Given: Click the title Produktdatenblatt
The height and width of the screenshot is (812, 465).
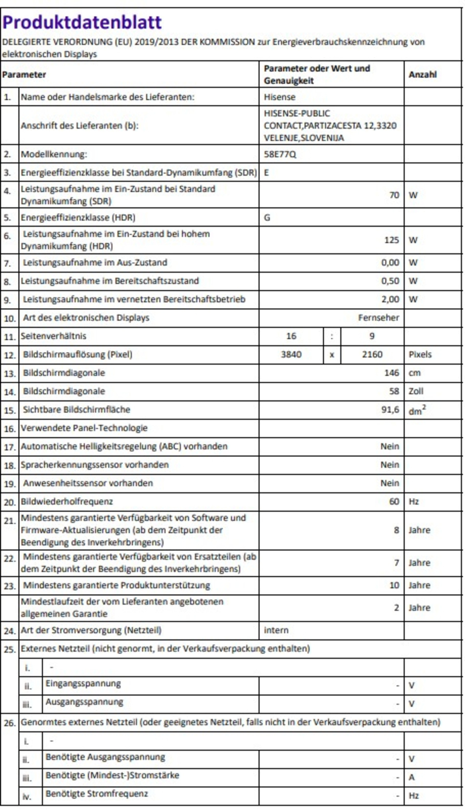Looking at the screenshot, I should click(82, 23).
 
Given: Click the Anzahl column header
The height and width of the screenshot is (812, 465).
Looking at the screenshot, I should click(422, 75).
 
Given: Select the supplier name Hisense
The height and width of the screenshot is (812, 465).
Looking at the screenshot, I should click(279, 97).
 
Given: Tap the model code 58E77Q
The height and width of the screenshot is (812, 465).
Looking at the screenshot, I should click(280, 154).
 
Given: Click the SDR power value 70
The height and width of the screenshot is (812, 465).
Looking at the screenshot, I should click(394, 195).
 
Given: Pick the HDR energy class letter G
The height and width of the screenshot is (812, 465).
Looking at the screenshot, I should click(267, 218).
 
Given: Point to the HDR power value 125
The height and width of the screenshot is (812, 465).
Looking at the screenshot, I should click(391, 240).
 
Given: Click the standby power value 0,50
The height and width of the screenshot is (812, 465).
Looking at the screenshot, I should click(390, 281).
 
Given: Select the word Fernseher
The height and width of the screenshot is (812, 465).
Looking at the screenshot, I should click(378, 318).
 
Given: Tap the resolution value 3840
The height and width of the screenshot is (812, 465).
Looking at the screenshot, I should click(291, 355).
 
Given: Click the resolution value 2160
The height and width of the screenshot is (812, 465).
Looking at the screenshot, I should click(372, 355).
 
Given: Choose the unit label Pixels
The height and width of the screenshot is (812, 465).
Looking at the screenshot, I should click(420, 355).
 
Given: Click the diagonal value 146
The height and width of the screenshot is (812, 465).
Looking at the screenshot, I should click(392, 373).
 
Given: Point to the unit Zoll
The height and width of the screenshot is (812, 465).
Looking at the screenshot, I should click(416, 391).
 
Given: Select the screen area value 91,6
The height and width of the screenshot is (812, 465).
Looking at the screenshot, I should click(390, 410).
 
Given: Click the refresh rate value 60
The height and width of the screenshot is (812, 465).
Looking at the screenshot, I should click(394, 502).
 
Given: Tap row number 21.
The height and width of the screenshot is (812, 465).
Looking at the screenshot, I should click(10, 521).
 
